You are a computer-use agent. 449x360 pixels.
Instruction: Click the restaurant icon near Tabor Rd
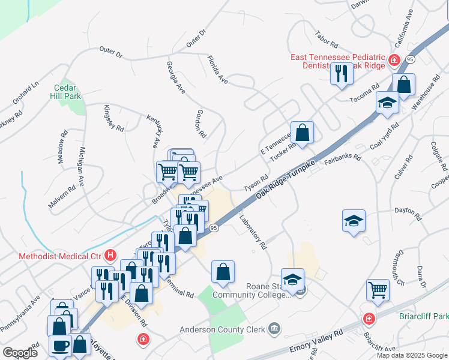341,74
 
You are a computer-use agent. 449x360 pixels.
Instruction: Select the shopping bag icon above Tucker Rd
302,132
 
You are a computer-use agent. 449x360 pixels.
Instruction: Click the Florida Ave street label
217,70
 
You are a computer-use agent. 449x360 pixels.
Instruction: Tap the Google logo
20,353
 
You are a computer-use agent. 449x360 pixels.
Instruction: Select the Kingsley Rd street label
113,118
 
